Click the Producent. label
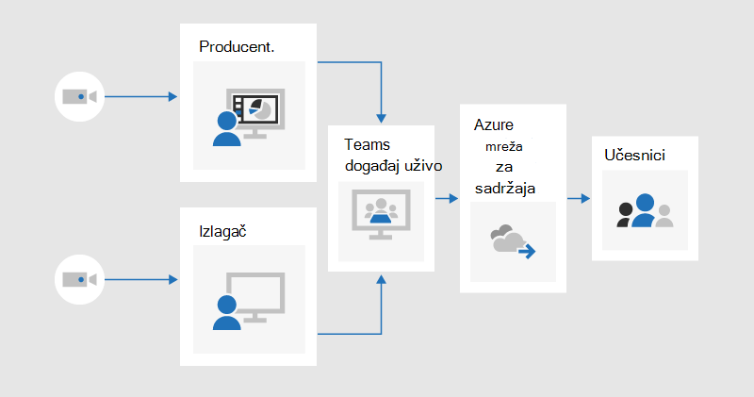coord(237,46)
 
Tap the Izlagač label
coord(222,231)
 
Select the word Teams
coord(367,144)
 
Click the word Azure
coord(493,124)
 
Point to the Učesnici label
coord(634,155)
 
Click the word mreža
coord(504,146)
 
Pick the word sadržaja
coord(505,189)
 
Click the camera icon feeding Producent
coord(80,97)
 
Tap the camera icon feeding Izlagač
coord(80,279)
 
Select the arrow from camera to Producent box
coord(140,97)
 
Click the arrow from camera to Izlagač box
coord(140,279)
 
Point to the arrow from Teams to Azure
coord(447,198)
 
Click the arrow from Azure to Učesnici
coord(579,198)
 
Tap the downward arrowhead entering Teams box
coord(382,119)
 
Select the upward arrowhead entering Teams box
coord(382,279)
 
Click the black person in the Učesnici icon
coord(625,215)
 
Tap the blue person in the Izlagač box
coord(226,312)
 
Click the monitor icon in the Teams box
coord(382,214)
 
